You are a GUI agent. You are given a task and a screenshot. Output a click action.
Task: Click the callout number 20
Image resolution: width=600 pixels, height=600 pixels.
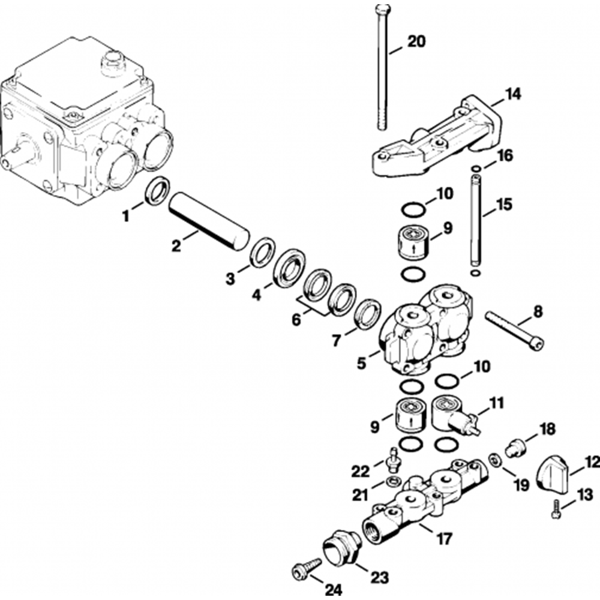416,41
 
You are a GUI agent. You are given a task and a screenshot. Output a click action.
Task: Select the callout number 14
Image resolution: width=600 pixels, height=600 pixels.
512,94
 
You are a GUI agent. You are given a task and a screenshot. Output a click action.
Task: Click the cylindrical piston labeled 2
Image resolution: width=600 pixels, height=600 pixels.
209,221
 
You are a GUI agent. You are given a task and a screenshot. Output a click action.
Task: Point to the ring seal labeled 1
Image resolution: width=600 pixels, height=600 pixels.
157,190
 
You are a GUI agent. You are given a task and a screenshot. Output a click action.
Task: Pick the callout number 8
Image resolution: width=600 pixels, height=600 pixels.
538,311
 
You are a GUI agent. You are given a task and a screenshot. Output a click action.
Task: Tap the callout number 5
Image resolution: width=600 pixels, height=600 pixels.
362,364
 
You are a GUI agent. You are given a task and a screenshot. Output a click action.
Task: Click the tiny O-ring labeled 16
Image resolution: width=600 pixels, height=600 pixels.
476,169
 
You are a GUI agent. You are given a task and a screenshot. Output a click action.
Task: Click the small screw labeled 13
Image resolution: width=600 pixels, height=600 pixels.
556,509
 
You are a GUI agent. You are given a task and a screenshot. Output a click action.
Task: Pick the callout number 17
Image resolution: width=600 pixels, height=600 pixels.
444,539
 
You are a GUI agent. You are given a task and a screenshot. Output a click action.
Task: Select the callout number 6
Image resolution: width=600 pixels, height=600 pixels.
296,320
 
